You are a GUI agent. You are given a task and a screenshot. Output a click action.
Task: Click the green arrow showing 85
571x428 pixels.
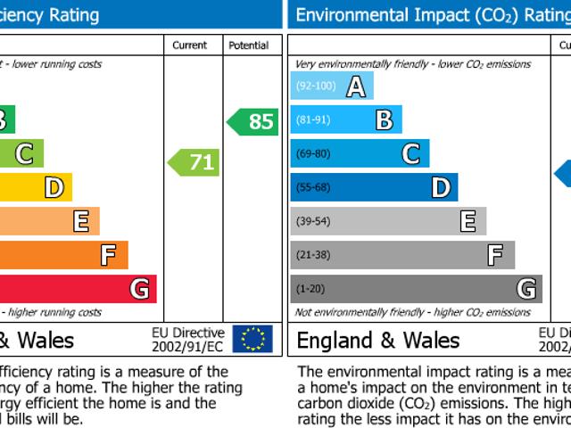tap(253, 121)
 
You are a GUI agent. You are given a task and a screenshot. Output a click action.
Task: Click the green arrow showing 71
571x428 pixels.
tap(194, 162)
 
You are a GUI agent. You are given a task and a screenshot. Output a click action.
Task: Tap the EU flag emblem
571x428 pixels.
tap(252, 339)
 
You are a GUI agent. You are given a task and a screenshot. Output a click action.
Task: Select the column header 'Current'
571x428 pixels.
tap(189, 45)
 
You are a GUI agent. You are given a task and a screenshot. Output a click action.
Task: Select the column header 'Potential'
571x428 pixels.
tap(248, 45)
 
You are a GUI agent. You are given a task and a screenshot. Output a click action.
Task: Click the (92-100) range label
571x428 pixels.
tap(316, 86)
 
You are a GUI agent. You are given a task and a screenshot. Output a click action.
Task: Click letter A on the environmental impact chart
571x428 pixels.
tap(355, 86)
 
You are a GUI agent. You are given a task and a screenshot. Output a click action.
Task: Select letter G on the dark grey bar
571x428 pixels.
tap(526, 289)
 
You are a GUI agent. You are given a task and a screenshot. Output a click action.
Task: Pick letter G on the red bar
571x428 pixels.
tap(139, 289)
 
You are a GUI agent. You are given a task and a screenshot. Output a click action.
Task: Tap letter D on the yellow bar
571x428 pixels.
tap(54, 187)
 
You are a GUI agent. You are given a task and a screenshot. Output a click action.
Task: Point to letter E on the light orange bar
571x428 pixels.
tap(81, 221)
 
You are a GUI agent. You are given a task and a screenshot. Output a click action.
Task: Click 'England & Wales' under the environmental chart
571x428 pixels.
tap(378, 340)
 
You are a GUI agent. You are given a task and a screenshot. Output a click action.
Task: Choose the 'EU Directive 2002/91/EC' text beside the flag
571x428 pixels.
tap(187, 339)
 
